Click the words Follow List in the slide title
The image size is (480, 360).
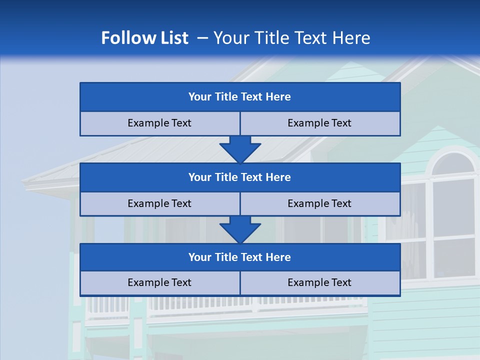point(144,38)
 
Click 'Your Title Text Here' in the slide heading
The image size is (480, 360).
point(291,38)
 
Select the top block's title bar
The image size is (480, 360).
point(240,97)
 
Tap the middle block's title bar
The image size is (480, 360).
point(240,177)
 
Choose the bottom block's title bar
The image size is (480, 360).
point(240,257)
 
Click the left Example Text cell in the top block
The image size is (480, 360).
point(159,123)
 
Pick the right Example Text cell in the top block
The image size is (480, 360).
point(320,123)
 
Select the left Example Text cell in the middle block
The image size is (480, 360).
point(159,204)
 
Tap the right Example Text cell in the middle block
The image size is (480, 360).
point(320,204)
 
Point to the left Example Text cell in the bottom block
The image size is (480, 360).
point(159,283)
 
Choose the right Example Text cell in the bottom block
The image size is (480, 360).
point(320,283)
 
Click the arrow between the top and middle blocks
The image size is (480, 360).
point(240,149)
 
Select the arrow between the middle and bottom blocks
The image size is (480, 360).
point(240,230)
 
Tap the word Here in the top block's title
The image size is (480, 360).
point(278,97)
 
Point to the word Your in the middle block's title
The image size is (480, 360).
point(200,177)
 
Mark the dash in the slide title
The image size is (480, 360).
point(202,38)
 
